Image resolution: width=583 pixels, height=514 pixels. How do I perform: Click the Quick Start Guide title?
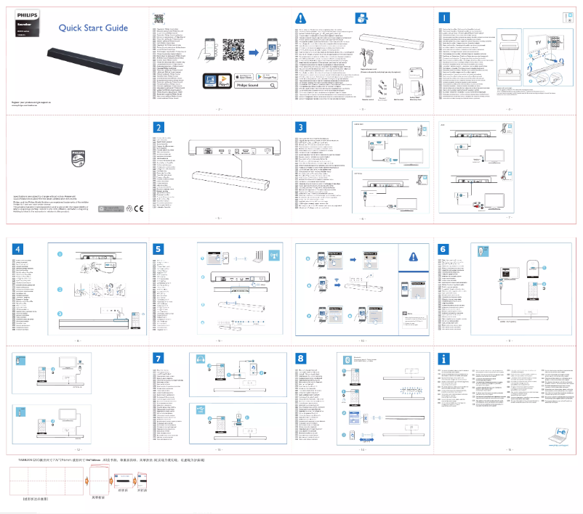point(93,28)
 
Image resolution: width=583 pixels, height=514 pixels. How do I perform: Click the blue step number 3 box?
point(302,127)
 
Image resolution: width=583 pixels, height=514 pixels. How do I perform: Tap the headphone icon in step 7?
point(200,360)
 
